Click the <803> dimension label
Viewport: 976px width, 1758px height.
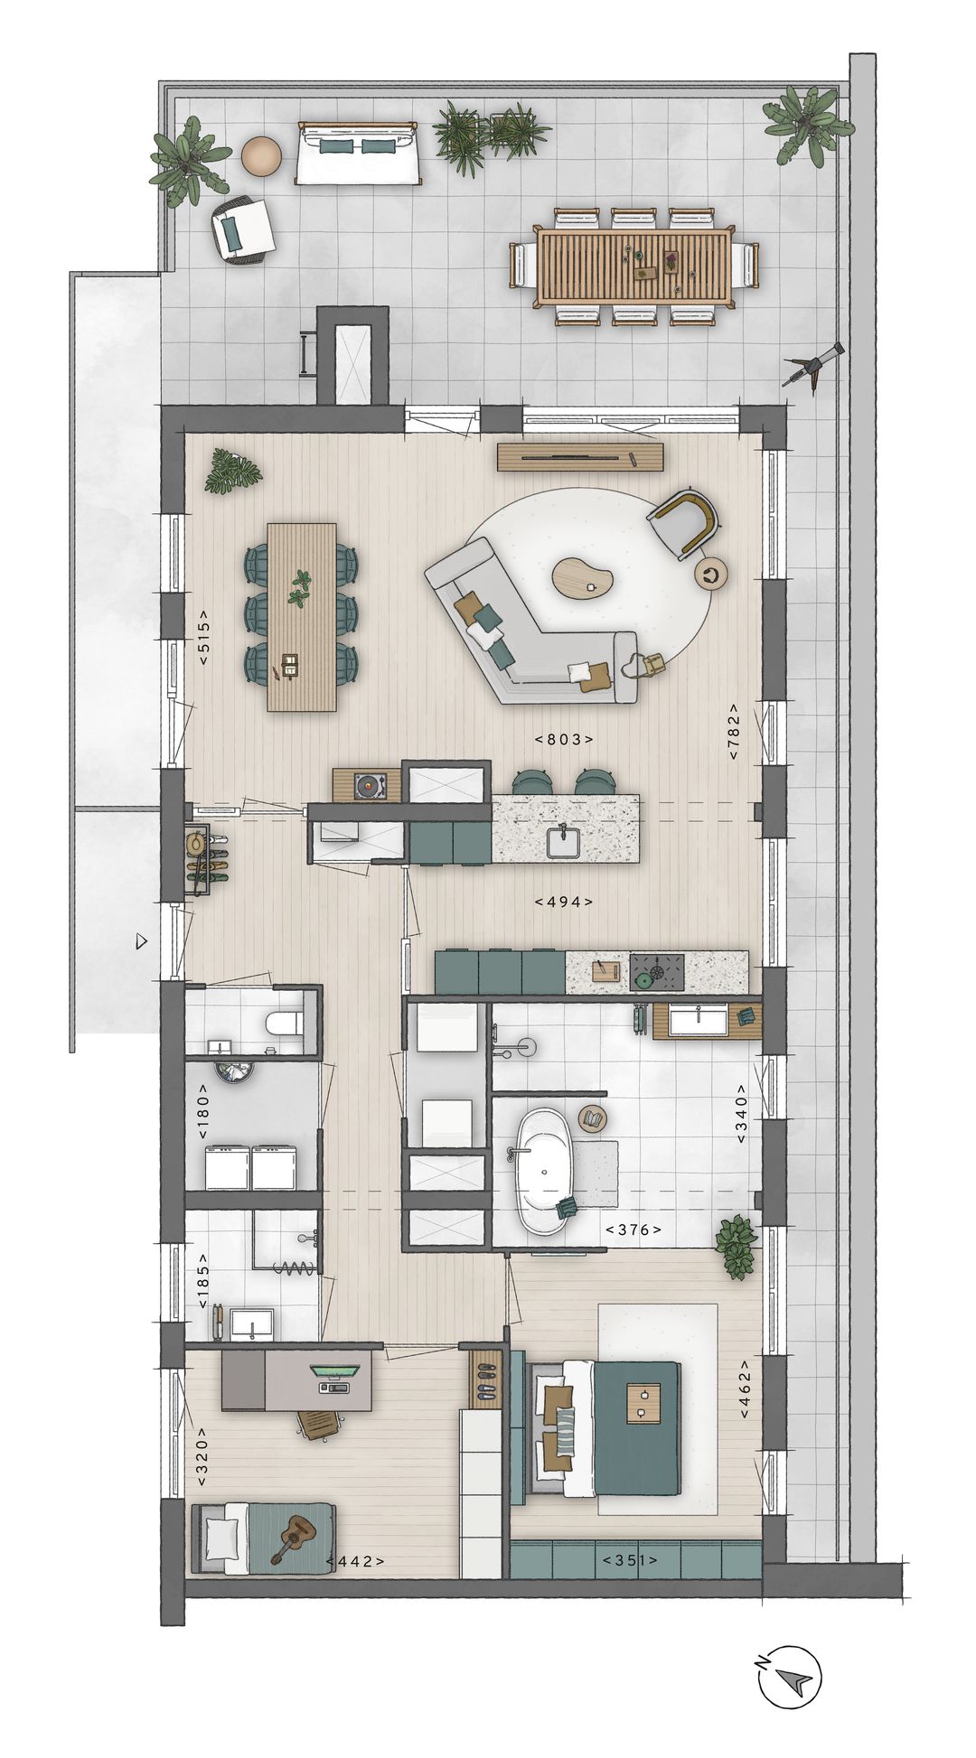[x=564, y=739]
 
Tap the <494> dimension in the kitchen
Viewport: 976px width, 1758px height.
[x=564, y=902]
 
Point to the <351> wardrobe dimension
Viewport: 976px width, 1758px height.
[x=630, y=1560]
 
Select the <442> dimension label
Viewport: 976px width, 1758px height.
[x=355, y=1561]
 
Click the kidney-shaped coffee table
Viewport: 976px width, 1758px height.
[x=583, y=577]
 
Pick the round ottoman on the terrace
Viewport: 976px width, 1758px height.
[x=261, y=154]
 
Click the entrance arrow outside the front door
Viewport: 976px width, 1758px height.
[x=140, y=941]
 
